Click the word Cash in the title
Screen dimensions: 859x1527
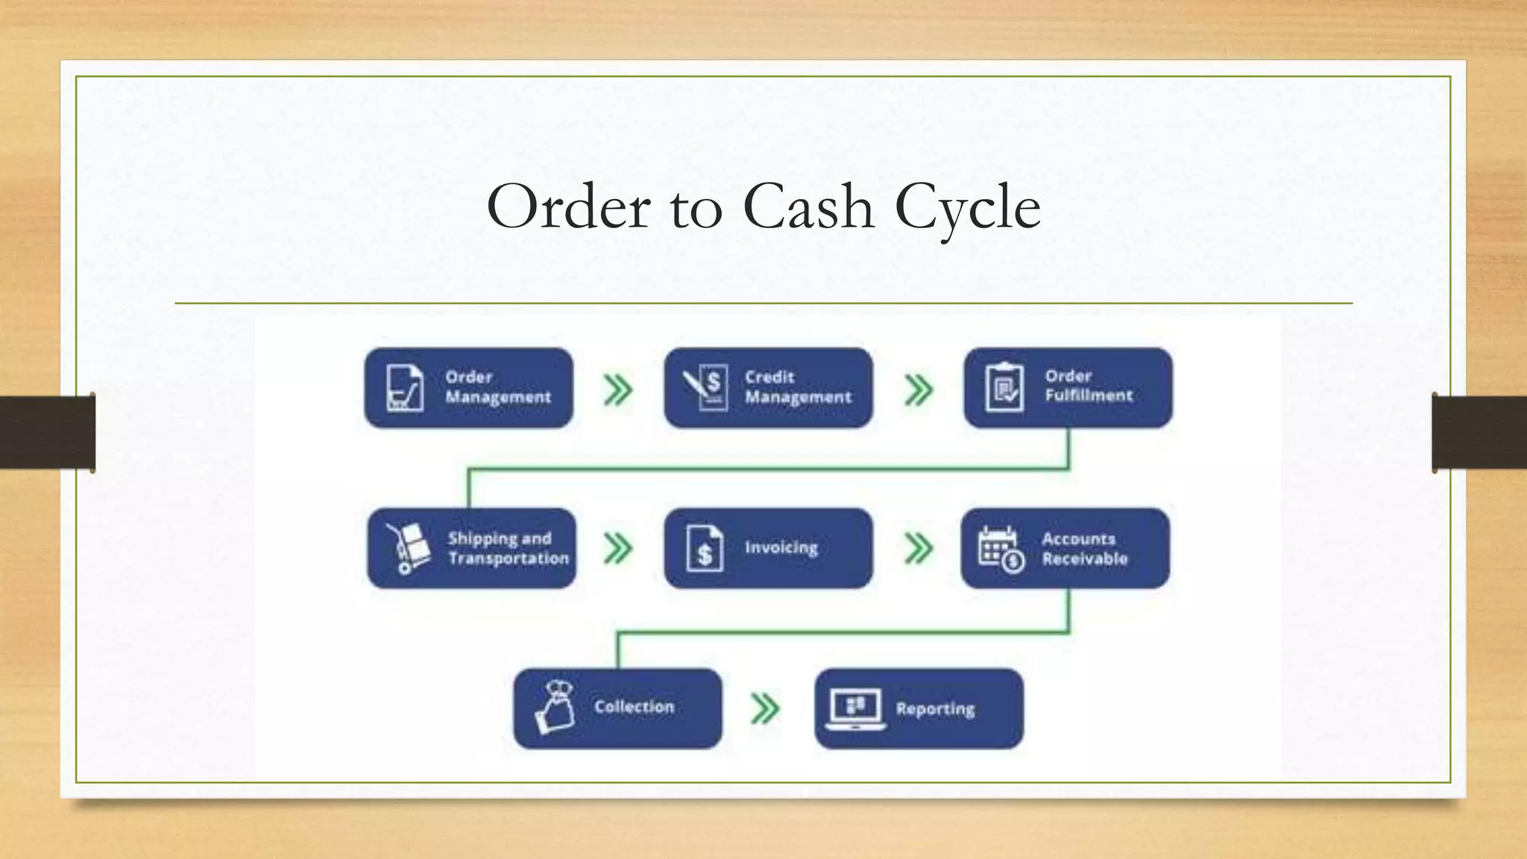tap(808, 207)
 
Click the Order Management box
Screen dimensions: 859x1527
tap(468, 388)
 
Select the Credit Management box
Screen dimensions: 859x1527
tap(768, 388)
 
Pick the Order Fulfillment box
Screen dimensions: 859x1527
tap(1068, 388)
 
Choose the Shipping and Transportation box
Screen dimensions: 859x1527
tap(471, 548)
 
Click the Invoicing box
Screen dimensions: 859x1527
tap(768, 548)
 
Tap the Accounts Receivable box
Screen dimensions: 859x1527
tap(1065, 548)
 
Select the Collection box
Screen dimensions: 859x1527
tap(617, 708)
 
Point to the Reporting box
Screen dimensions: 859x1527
tap(919, 708)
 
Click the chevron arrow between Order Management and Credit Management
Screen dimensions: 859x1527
tap(618, 390)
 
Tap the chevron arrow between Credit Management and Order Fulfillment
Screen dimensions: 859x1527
tap(919, 390)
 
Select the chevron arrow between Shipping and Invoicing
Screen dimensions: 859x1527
tap(618, 549)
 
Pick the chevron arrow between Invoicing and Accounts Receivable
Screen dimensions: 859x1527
tap(919, 549)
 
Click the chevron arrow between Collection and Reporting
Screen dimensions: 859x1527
tap(765, 708)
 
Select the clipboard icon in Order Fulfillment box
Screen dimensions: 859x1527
tap(1004, 388)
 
